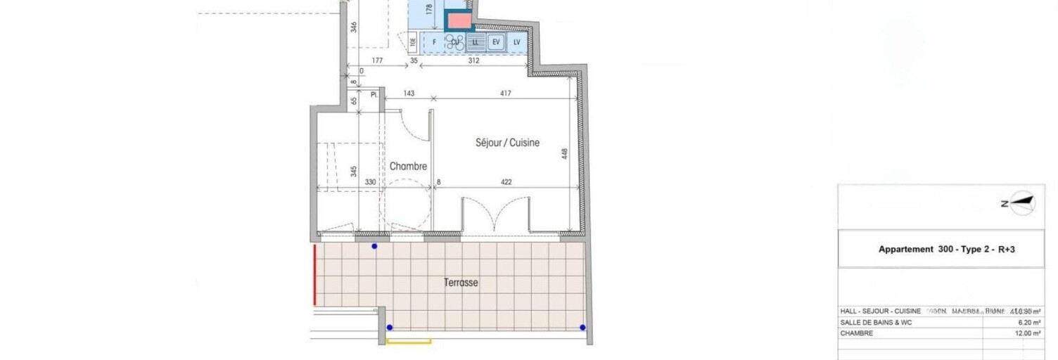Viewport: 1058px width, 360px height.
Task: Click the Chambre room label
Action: tap(408, 167)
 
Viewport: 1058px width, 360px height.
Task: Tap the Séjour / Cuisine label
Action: tap(506, 143)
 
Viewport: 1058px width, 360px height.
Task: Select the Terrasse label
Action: tap(461, 283)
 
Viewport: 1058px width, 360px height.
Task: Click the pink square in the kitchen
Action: tap(459, 21)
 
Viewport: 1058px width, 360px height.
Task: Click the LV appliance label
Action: tap(517, 42)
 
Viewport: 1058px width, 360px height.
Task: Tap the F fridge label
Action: tap(434, 42)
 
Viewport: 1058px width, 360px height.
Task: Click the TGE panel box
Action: tap(413, 41)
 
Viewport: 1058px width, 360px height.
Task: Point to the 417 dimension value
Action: tap(505, 94)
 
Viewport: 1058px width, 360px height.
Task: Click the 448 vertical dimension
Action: tap(564, 154)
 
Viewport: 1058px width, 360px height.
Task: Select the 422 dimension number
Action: tap(506, 182)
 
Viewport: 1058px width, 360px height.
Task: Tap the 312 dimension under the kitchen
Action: tap(473, 60)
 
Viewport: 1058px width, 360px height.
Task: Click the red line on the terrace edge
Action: tap(314, 274)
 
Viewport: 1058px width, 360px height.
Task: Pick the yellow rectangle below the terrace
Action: tap(409, 342)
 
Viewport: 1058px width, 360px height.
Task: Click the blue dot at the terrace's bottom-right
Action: tap(582, 328)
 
